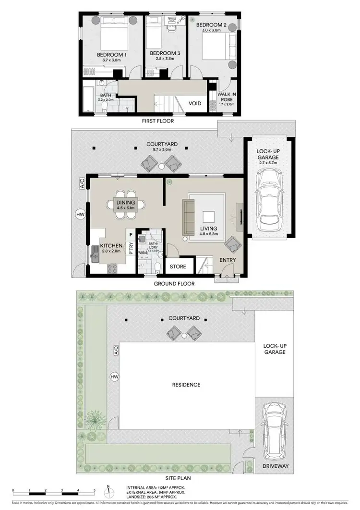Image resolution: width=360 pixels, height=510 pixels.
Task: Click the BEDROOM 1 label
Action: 111,55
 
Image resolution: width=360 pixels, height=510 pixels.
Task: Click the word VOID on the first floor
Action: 195,103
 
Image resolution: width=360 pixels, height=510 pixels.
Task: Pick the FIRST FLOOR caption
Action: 158,121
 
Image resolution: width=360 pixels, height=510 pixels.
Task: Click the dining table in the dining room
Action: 126,206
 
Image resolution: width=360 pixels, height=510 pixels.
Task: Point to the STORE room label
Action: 178,266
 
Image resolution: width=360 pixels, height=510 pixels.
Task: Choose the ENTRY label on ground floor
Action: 228,260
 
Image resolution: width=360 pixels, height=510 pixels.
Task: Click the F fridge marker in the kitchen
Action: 130,234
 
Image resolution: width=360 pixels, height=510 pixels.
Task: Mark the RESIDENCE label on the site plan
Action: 186,385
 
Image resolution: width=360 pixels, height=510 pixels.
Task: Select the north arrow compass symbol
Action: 109,491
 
